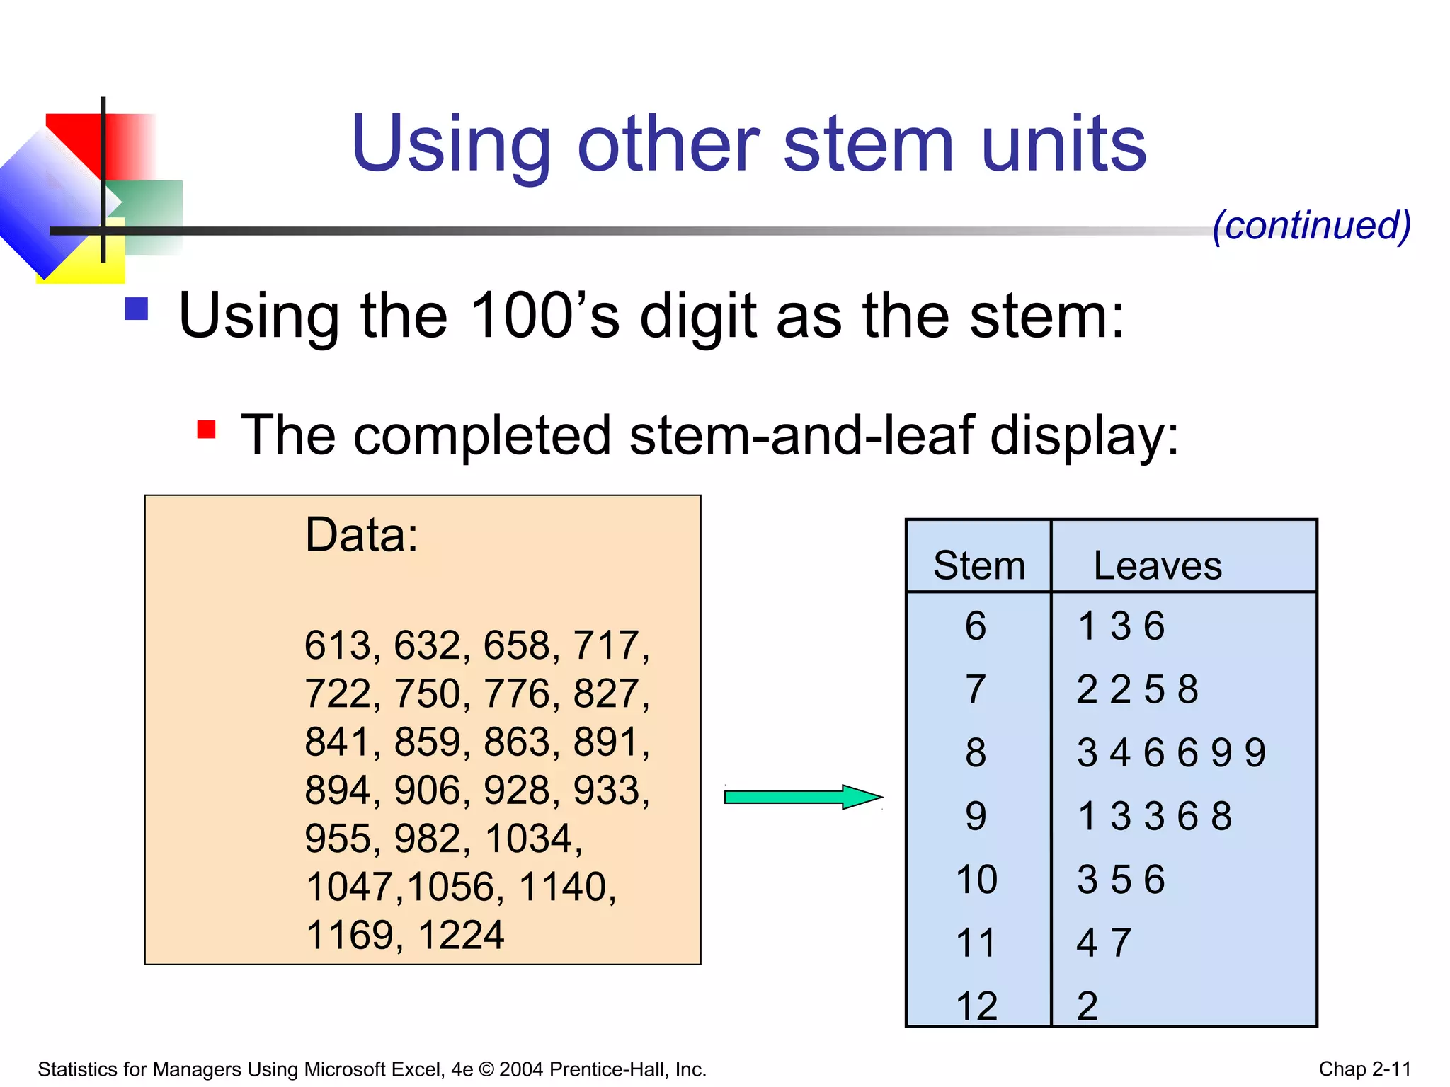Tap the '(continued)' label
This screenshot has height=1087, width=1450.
coord(1311,226)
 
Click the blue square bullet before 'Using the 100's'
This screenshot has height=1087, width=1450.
coord(137,309)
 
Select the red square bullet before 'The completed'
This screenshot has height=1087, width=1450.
coord(206,429)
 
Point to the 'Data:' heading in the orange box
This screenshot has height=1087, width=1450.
coord(361,534)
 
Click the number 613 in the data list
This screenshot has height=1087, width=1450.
coord(338,645)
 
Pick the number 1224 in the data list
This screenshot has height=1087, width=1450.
coord(461,935)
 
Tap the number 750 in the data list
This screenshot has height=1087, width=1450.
coord(427,694)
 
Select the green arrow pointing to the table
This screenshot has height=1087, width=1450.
coord(802,797)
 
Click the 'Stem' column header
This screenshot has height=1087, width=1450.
coord(978,565)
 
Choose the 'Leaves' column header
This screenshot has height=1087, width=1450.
coord(1157,565)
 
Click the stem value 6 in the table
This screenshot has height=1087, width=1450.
coord(976,626)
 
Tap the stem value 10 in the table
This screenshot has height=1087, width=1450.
coord(976,880)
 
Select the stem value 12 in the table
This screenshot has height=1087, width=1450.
coord(976,1006)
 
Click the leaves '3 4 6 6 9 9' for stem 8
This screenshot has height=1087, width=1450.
coord(1171,752)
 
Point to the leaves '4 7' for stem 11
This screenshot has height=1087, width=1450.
coord(1103,943)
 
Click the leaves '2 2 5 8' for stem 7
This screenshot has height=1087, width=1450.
coord(1137,689)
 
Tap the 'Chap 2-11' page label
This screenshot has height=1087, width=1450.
coord(1364,1069)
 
